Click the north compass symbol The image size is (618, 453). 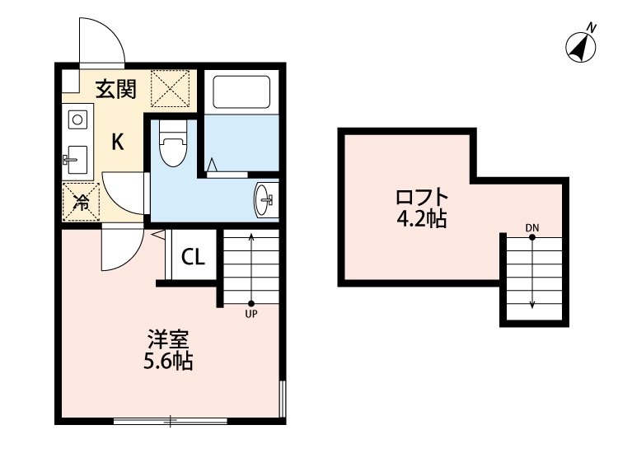tap(583, 46)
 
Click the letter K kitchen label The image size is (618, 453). tap(118, 142)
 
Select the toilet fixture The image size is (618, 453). tap(172, 147)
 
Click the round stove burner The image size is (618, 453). tap(77, 119)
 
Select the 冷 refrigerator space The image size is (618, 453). tap(81, 201)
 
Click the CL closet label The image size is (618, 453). tap(193, 258)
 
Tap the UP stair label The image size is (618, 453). tap(250, 313)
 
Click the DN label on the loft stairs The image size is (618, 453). tap(532, 227)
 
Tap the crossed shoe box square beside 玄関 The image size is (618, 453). tap(174, 89)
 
